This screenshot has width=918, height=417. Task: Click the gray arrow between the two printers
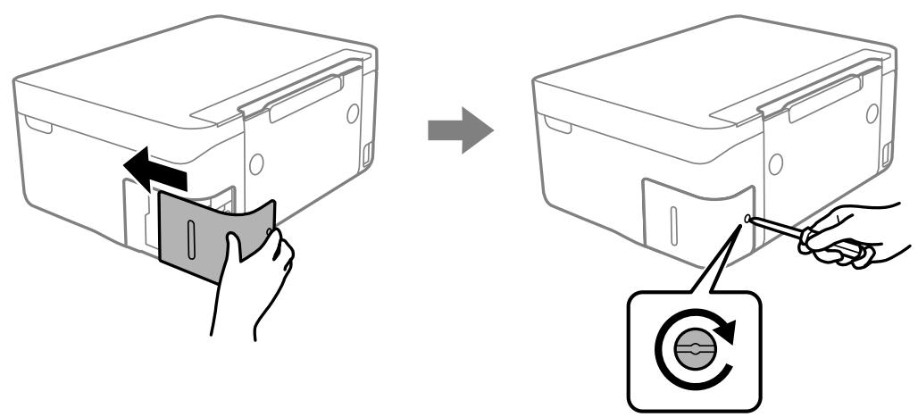point(460,130)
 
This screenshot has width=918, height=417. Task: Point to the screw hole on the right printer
point(747,218)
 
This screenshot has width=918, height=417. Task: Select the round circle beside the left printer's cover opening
point(256,163)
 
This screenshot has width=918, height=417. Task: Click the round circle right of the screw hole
point(775,163)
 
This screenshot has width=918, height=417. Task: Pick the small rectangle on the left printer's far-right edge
point(367,154)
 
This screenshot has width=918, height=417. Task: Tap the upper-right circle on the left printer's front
point(354,113)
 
